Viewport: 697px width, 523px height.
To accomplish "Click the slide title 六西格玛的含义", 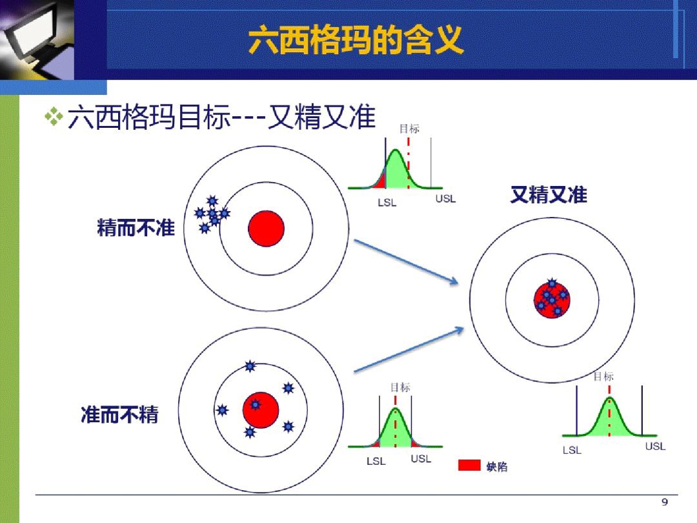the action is click(356, 40).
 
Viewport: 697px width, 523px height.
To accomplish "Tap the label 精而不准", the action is click(136, 228).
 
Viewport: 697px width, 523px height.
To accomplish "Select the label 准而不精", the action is click(119, 415).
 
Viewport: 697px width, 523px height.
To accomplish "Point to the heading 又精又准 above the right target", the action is click(549, 195).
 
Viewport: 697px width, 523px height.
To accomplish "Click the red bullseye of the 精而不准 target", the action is click(266, 229).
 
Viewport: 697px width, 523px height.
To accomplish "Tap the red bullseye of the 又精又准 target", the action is click(552, 300).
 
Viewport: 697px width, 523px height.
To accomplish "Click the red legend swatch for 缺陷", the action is click(469, 465).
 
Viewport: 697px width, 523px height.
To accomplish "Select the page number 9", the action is click(665, 502).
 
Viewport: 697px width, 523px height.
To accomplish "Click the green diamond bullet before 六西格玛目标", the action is click(54, 116).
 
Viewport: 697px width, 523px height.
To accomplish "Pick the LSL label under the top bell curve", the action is click(387, 202).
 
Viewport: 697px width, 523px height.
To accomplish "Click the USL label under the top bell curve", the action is click(445, 199).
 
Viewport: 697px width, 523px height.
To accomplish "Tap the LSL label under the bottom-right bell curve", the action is click(572, 450).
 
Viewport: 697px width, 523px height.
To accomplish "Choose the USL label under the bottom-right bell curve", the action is click(655, 446).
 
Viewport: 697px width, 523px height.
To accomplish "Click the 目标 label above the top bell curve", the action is click(409, 128).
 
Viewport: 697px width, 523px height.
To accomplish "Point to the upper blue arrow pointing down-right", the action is click(406, 261).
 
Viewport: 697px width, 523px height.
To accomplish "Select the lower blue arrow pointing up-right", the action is click(409, 349).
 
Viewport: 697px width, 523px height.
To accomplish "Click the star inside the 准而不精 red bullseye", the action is click(255, 405).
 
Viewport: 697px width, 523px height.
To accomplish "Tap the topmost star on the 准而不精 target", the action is click(250, 366).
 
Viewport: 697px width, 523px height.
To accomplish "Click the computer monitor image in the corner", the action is click(37, 40).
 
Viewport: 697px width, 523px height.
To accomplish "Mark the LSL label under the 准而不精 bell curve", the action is click(376, 461).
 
